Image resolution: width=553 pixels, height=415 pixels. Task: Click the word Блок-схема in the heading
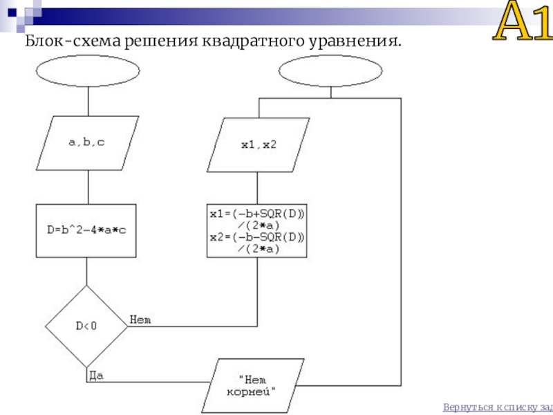pyautogui.click(x=73, y=41)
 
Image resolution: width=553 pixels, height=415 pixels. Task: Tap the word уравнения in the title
pyautogui.click(x=355, y=41)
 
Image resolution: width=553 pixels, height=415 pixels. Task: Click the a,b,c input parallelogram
pyautogui.click(x=88, y=143)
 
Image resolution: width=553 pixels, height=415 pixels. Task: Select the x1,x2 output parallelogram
pyautogui.click(x=258, y=145)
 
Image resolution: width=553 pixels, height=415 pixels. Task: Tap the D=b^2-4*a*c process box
pyautogui.click(x=86, y=230)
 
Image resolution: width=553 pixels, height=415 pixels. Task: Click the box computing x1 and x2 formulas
pyautogui.click(x=256, y=230)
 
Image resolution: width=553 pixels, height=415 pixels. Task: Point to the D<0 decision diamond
pyautogui.click(x=86, y=326)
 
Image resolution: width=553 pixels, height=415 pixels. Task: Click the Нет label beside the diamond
pyautogui.click(x=140, y=320)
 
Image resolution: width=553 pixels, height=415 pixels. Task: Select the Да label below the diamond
pyautogui.click(x=96, y=376)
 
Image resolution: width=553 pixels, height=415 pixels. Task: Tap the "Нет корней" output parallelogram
pyautogui.click(x=252, y=386)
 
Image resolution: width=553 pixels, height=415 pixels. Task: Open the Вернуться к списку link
pyautogui.click(x=498, y=407)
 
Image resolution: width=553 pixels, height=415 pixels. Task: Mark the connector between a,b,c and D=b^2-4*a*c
pyautogui.click(x=88, y=187)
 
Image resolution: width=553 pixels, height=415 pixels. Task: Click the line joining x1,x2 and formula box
pyautogui.click(x=257, y=188)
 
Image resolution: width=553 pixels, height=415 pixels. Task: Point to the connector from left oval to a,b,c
pyautogui.click(x=88, y=101)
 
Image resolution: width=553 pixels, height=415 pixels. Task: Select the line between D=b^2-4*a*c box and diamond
pyautogui.click(x=86, y=271)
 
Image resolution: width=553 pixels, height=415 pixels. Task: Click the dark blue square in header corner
pyautogui.click(x=12, y=12)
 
